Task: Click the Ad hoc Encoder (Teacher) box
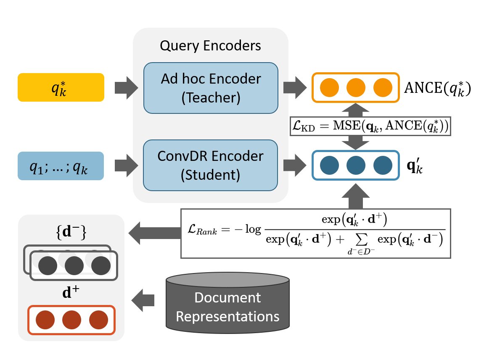click(x=210, y=87)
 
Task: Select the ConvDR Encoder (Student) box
click(x=210, y=165)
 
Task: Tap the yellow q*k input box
click(x=61, y=87)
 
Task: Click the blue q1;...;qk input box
click(x=61, y=166)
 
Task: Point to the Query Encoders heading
click(x=210, y=45)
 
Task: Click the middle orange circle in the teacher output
click(x=356, y=88)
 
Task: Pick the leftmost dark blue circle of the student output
click(x=329, y=165)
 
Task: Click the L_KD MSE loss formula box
click(x=370, y=126)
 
